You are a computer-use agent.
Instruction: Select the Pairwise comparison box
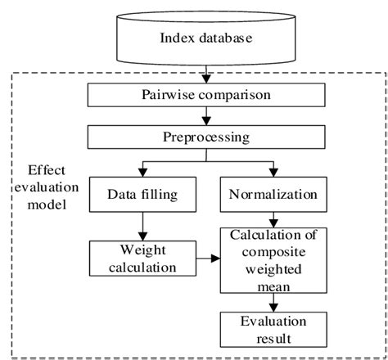click(x=195, y=95)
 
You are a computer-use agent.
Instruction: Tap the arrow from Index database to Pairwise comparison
click(x=195, y=75)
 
